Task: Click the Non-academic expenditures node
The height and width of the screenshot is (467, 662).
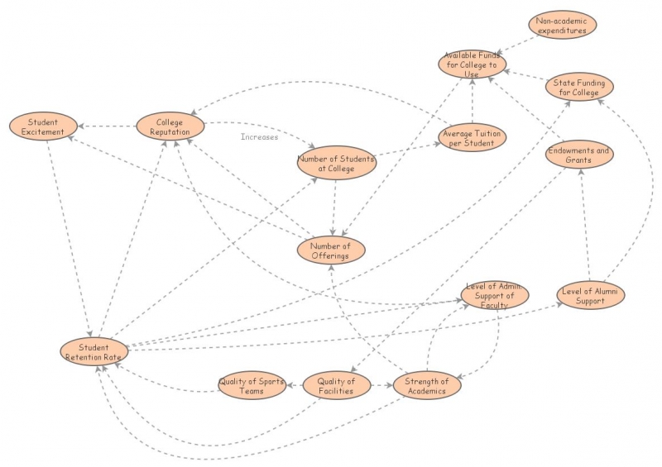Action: [562, 26]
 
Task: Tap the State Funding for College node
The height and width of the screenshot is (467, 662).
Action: [579, 87]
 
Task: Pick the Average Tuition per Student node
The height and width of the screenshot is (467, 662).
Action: [469, 138]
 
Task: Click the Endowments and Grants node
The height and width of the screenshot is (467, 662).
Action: [579, 155]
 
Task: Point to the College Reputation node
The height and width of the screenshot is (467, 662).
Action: [169, 126]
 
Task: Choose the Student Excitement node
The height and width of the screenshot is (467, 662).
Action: [43, 126]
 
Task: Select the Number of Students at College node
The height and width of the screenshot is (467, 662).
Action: [336, 163]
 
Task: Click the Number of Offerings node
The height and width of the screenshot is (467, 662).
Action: [330, 250]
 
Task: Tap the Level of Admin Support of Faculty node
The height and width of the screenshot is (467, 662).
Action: [494, 295]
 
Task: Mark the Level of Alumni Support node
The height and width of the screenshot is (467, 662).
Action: [591, 295]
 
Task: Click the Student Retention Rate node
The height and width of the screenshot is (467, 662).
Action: [94, 351]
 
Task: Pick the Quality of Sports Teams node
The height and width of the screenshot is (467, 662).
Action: [252, 386]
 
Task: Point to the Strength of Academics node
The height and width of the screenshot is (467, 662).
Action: [426, 386]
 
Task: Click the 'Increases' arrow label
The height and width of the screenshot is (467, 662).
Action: [260, 137]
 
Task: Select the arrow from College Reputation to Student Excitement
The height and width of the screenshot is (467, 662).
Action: [108, 126]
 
